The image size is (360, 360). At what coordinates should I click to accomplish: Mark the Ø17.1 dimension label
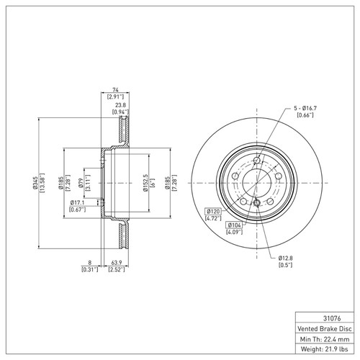click(78, 202)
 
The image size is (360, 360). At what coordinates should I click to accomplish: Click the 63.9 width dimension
click(114, 264)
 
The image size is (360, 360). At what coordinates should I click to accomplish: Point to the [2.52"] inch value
click(114, 271)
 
